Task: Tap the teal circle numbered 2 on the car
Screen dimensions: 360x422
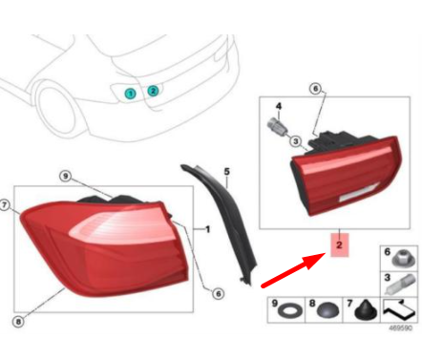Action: [x=154, y=91]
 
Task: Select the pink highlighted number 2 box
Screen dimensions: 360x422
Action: [x=338, y=245]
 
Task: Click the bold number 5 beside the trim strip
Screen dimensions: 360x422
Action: [x=227, y=174]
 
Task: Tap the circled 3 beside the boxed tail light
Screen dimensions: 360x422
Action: [x=296, y=141]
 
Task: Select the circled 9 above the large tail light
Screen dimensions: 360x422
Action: [x=65, y=176]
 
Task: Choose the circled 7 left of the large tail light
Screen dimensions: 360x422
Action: [x=6, y=204]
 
